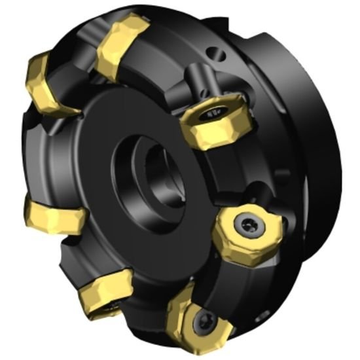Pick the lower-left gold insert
click(x=105, y=293)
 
